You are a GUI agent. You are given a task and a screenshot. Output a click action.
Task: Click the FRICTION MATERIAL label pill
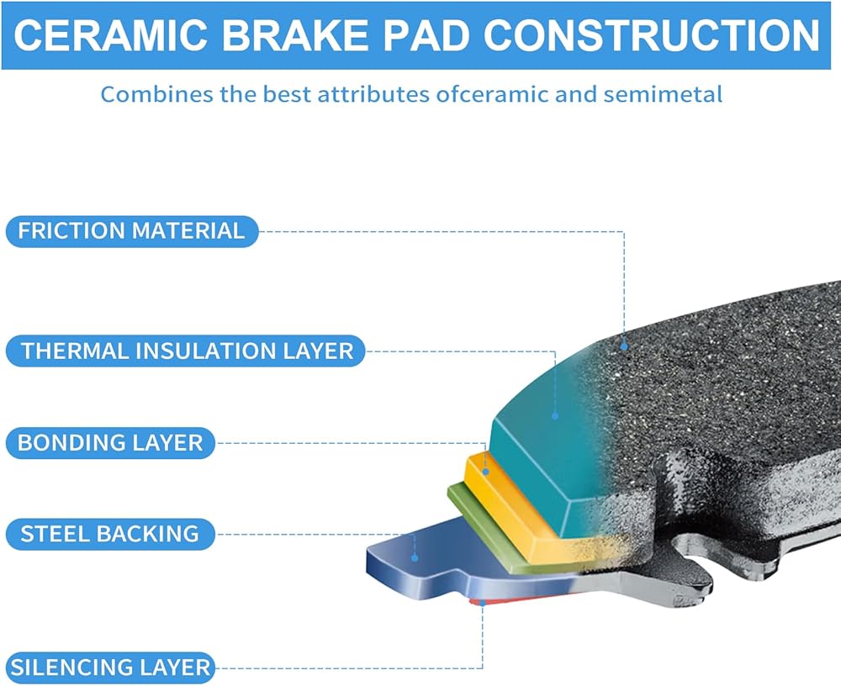[132, 231]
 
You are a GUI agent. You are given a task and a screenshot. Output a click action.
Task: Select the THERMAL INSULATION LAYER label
[186, 351]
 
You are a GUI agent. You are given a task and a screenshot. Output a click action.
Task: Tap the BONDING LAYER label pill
[110, 443]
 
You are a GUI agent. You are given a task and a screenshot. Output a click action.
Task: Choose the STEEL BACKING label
[110, 534]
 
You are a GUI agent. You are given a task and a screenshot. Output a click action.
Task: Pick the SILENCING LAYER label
[110, 668]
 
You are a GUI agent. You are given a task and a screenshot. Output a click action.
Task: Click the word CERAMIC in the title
[110, 36]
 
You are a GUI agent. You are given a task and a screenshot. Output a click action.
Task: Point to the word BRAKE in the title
[295, 36]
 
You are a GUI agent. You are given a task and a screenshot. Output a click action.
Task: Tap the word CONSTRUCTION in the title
[652, 36]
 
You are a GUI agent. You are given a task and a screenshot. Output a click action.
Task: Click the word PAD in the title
[426, 36]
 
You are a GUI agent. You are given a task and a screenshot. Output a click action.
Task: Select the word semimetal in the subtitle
[663, 94]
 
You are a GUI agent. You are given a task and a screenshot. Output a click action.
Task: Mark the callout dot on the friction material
[624, 346]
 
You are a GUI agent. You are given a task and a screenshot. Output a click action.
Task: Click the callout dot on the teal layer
[555, 415]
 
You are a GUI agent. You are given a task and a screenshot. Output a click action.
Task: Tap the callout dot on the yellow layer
[485, 472]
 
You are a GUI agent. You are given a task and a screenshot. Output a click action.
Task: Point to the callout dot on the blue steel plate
[415, 558]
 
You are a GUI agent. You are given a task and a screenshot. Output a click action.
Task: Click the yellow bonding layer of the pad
[515, 509]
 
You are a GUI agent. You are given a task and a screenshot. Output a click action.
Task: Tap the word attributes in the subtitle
[373, 94]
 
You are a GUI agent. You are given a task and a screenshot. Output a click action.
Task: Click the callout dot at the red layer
[482, 603]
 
